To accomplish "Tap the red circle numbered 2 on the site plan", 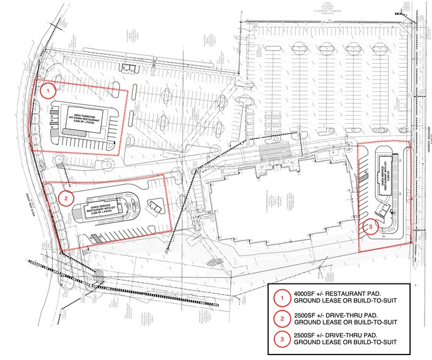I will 66,198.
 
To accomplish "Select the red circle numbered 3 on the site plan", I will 373,227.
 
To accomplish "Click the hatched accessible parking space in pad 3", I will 366,178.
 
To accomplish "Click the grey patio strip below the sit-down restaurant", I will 56,130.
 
